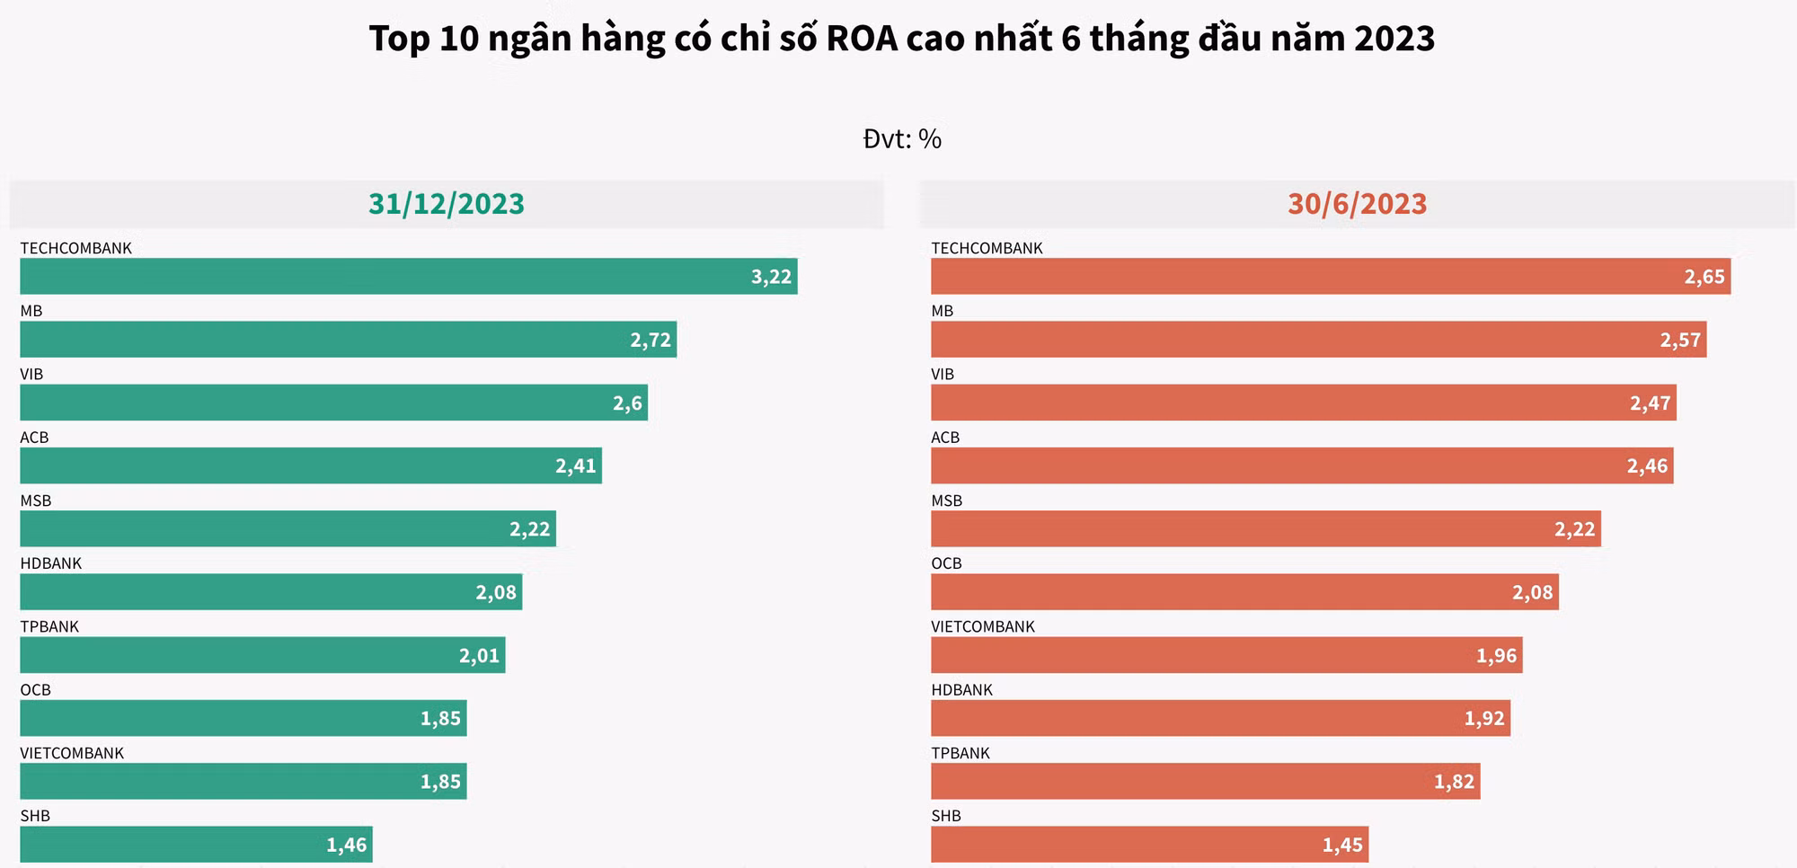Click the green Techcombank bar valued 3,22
click(408, 277)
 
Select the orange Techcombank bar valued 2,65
click(1330, 277)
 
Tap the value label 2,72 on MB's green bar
click(651, 341)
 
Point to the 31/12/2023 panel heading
click(447, 204)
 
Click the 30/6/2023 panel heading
click(1357, 204)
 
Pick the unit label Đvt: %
click(902, 139)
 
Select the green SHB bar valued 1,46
click(196, 845)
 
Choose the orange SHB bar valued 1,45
click(1149, 845)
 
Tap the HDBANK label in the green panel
click(51, 563)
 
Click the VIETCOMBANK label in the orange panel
click(983, 626)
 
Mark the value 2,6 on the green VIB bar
click(628, 403)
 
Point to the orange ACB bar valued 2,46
click(1302, 466)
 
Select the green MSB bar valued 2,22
click(288, 529)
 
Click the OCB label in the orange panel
click(946, 563)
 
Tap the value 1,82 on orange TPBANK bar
click(1454, 782)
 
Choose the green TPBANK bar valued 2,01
click(262, 655)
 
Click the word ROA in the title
click(862, 39)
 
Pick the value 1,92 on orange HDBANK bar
click(1484, 719)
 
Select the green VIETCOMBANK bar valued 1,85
click(243, 782)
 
